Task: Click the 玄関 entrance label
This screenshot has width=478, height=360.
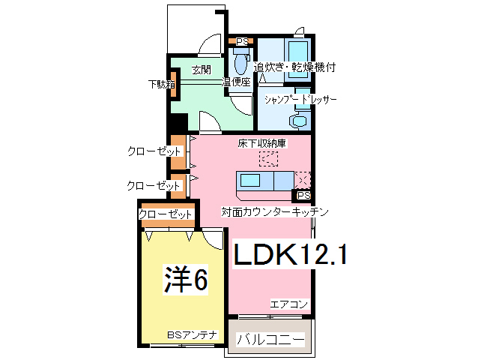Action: (200, 70)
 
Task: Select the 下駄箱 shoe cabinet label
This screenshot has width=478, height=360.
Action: (160, 85)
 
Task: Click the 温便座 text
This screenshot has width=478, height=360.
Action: (236, 82)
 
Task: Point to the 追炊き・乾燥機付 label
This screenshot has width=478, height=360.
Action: (294, 67)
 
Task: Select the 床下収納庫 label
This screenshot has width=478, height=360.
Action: (263, 142)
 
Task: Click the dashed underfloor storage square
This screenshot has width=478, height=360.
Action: (268, 159)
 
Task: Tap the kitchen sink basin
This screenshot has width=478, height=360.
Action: (249, 181)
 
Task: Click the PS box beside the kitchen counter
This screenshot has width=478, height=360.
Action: (303, 196)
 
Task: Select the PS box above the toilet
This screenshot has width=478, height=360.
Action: (242, 41)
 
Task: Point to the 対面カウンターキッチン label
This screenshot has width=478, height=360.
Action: (275, 212)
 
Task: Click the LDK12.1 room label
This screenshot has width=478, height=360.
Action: (290, 255)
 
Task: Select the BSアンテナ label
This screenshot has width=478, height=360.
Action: (192, 334)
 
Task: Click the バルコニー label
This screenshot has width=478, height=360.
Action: (271, 340)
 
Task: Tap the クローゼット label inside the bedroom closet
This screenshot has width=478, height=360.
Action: (166, 215)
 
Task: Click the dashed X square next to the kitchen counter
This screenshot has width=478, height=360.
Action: (303, 180)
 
